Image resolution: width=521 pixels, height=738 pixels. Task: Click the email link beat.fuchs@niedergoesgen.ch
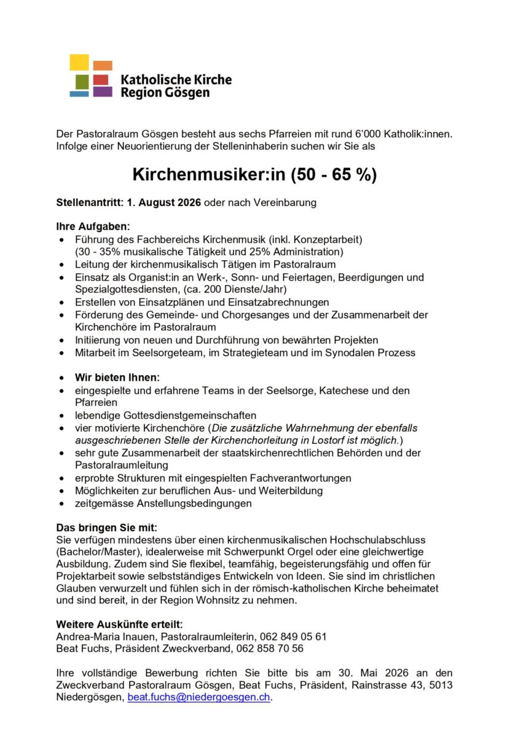[199, 697]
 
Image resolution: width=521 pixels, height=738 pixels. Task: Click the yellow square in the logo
[79, 62]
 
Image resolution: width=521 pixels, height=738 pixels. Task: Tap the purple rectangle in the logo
[103, 92]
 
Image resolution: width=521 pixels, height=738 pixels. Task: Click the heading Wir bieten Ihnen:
[117, 377]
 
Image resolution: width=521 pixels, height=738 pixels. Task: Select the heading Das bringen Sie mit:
[106, 527]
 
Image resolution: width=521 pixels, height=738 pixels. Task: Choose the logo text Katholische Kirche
[176, 80]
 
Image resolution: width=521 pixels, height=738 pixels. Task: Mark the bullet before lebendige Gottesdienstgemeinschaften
[61, 415]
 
